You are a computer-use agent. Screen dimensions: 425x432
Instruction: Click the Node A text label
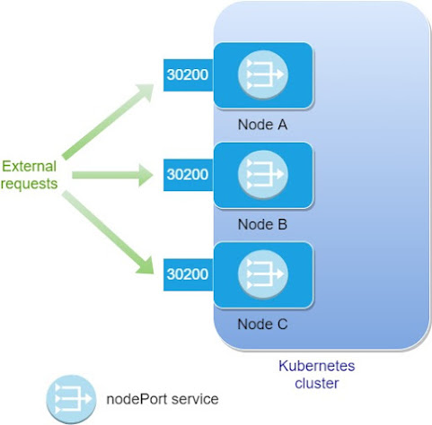[262, 125]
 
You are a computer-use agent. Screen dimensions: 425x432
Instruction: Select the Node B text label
[262, 224]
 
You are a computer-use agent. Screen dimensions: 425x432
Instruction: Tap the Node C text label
[262, 323]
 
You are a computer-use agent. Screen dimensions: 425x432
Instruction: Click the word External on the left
[30, 166]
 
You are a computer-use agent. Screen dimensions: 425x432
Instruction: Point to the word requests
[30, 184]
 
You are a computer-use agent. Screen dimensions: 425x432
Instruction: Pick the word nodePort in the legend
[134, 397]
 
